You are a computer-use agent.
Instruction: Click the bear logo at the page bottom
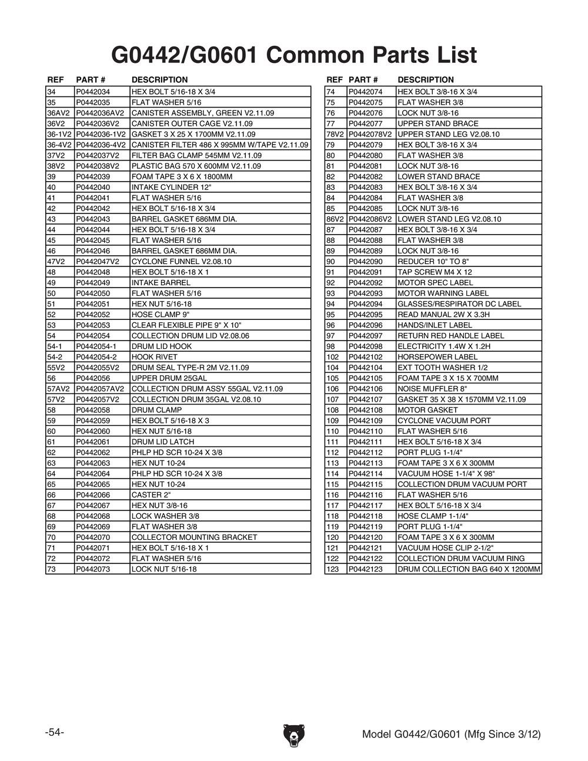(x=293, y=736)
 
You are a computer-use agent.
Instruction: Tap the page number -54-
(x=54, y=732)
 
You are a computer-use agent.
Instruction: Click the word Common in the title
(x=313, y=55)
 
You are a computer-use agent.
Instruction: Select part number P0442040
(x=93, y=187)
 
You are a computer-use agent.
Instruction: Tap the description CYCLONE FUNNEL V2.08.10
(x=181, y=262)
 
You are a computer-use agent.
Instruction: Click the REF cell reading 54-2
(x=55, y=357)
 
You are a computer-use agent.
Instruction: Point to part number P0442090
(x=365, y=262)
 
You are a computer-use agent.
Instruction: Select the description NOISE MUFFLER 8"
(x=432, y=389)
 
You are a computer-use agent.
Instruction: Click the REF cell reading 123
(x=333, y=569)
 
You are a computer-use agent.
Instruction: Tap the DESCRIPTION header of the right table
(x=426, y=80)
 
